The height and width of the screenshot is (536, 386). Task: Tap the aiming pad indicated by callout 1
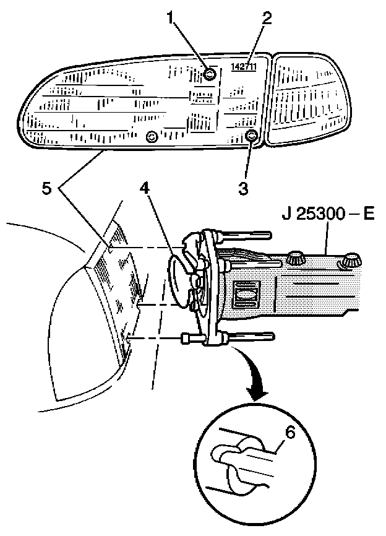pos(210,75)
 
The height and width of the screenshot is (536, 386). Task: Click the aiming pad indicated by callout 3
pos(251,136)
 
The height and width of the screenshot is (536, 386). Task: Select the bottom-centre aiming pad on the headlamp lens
pos(150,136)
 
